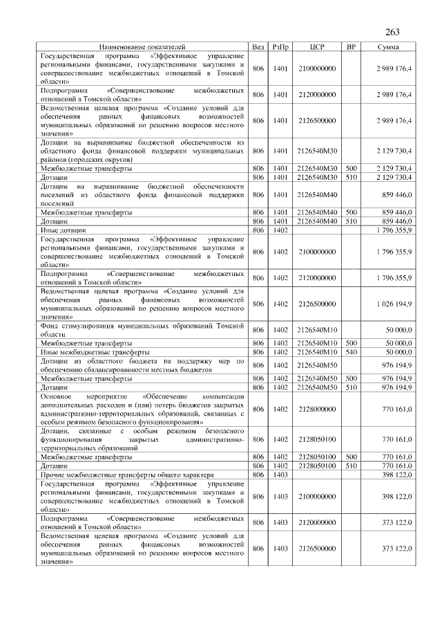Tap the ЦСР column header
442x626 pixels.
tap(317, 46)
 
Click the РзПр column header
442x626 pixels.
tap(280, 46)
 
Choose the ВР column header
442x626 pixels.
tap(351, 46)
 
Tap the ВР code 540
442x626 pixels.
tap(351, 351)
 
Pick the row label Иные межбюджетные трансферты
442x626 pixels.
tap(86, 351)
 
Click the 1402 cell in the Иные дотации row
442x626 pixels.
tap(280, 229)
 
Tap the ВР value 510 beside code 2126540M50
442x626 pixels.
tap(351, 387)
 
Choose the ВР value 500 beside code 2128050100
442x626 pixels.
tap(351, 457)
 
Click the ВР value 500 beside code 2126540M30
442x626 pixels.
tap(351, 168)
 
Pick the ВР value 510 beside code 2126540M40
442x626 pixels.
tap(351, 221)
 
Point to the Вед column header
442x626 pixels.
tap(258, 46)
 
